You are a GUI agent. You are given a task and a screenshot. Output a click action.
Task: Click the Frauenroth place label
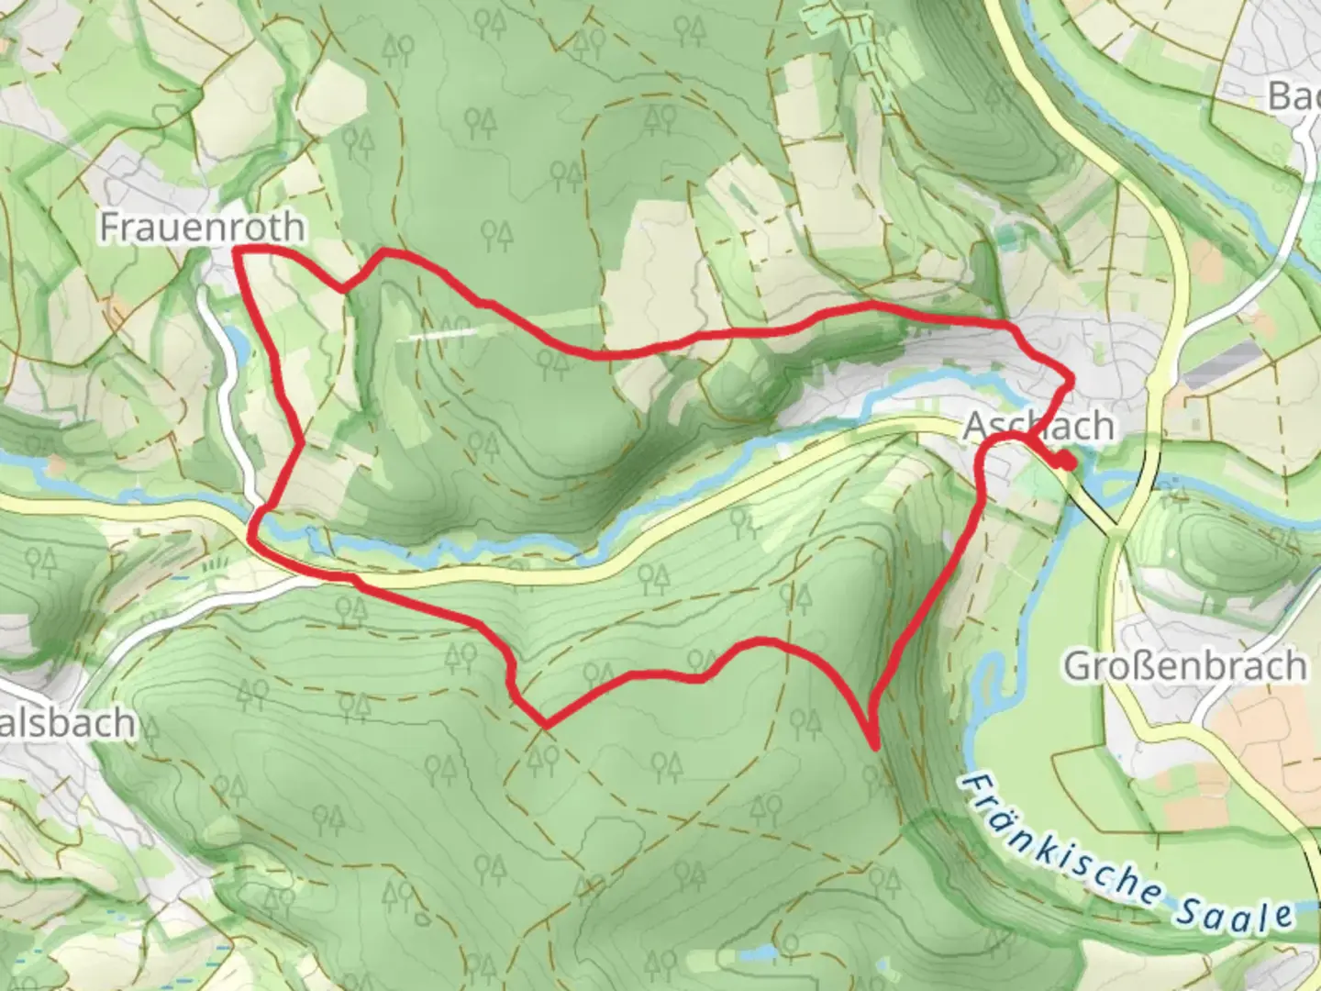pyautogui.click(x=202, y=227)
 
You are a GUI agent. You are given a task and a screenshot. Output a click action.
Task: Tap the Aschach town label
pyautogui.click(x=1039, y=427)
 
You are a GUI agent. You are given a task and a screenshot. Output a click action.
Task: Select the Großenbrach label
pyautogui.click(x=1184, y=666)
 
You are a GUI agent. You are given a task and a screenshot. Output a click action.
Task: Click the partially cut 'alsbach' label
pyautogui.click(x=68, y=723)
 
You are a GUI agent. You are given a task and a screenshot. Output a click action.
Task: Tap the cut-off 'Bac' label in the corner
pyautogui.click(x=1294, y=95)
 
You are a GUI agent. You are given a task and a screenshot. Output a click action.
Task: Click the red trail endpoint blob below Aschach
pyautogui.click(x=1064, y=462)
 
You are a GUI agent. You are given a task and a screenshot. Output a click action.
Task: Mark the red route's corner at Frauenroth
pyautogui.click(x=237, y=250)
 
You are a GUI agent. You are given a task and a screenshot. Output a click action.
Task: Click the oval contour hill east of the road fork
pyautogui.click(x=1211, y=542)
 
